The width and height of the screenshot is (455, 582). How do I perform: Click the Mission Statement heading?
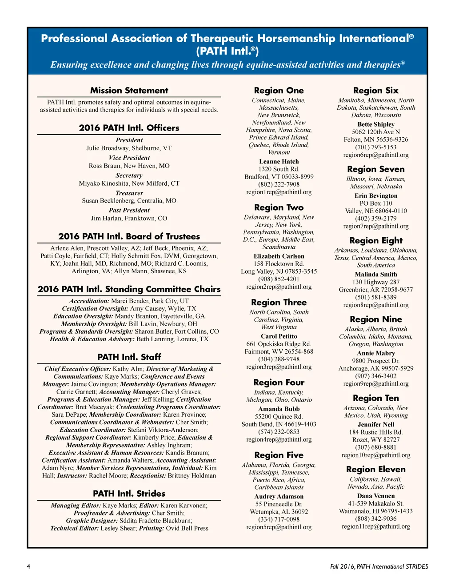pyautogui.click(x=129, y=91)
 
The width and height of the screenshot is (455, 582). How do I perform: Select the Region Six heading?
pyautogui.click(x=375, y=91)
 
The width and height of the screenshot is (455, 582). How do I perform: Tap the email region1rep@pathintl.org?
pyautogui.click(x=279, y=192)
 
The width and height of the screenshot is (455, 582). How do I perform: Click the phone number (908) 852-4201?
pyautogui.click(x=279, y=279)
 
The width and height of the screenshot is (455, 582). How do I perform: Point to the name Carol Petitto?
pyautogui.click(x=279, y=336)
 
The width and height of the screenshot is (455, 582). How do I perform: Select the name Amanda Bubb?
pyautogui.click(x=279, y=409)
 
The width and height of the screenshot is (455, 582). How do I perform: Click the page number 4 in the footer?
pyautogui.click(x=28, y=566)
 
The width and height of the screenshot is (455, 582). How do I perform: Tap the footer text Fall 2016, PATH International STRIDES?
pyautogui.click(x=379, y=566)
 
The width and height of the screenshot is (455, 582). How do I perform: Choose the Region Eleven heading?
pyautogui.click(x=375, y=470)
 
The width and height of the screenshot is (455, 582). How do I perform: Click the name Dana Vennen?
pyautogui.click(x=375, y=496)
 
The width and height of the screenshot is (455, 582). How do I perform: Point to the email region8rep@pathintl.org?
pyautogui.click(x=375, y=305)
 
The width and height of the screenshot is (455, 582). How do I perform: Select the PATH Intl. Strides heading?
pyautogui.click(x=129, y=494)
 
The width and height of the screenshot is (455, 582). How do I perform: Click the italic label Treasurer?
pyautogui.click(x=129, y=193)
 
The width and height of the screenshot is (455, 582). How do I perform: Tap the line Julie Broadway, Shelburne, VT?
pyautogui.click(x=129, y=148)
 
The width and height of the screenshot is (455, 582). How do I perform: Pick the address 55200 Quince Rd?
pyautogui.click(x=279, y=417)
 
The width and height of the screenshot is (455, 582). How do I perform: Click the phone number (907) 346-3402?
pyautogui.click(x=375, y=376)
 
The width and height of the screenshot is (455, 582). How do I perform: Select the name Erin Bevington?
pyautogui.click(x=375, y=195)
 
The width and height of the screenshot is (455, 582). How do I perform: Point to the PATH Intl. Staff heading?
pyautogui.click(x=129, y=357)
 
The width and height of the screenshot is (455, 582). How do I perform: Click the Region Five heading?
pyautogui.click(x=279, y=455)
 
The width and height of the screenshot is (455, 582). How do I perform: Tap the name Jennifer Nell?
pyautogui.click(x=375, y=424)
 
